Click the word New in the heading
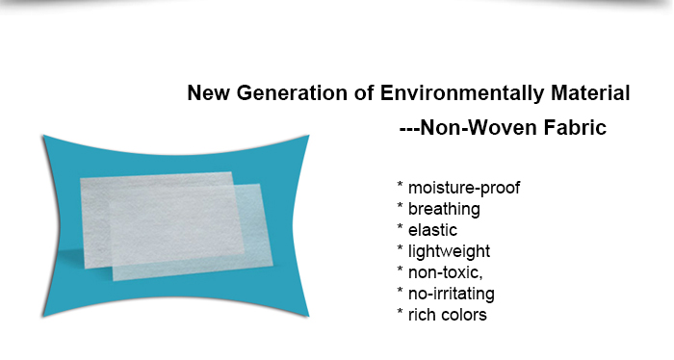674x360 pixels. pyautogui.click(x=205, y=94)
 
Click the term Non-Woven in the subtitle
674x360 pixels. pyautogui.click(x=477, y=126)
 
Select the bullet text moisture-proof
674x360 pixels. pyautogui.click(x=463, y=188)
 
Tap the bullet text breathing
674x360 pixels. pyautogui.click(x=444, y=209)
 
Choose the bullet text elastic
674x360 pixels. pyautogui.click(x=432, y=230)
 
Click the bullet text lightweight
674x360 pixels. pyautogui.click(x=449, y=251)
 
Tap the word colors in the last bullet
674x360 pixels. pyautogui.click(x=463, y=315)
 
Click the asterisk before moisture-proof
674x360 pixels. pyautogui.click(x=399, y=186)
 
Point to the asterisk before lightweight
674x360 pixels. pyautogui.click(x=399, y=249)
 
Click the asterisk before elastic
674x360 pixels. pyautogui.click(x=399, y=228)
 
